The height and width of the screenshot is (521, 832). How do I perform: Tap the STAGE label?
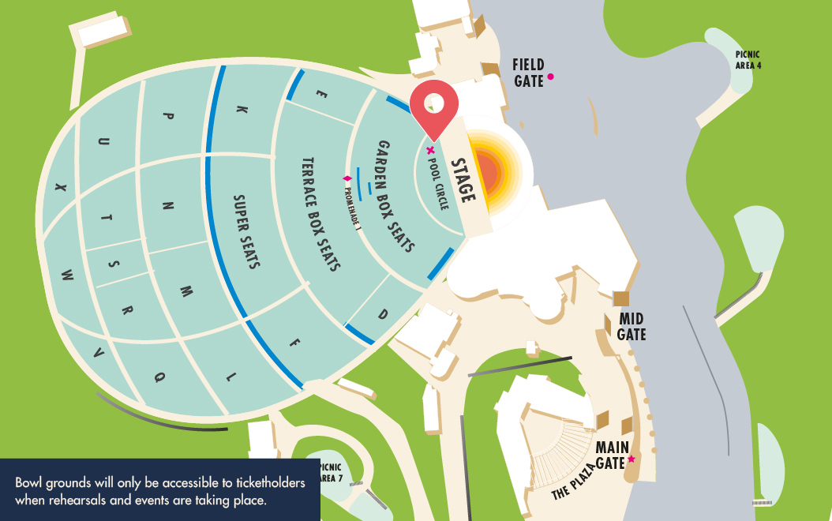(x=463, y=181)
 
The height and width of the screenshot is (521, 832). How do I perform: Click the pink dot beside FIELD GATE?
(x=550, y=77)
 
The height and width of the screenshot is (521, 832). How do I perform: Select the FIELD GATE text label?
(x=528, y=72)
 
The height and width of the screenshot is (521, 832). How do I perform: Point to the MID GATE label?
(x=631, y=327)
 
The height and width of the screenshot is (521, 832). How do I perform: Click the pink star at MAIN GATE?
(x=631, y=459)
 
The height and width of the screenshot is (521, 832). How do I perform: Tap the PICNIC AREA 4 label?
(x=748, y=60)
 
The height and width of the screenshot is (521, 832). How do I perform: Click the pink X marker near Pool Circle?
(x=430, y=150)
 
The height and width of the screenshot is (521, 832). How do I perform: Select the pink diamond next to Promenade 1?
(x=346, y=179)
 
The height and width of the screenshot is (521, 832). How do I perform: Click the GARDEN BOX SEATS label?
(x=395, y=197)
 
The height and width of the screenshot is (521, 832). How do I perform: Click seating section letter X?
(x=59, y=188)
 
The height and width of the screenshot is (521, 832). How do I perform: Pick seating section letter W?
(x=68, y=275)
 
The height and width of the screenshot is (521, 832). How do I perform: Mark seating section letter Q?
(x=159, y=377)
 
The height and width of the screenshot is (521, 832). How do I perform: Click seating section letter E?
(x=321, y=93)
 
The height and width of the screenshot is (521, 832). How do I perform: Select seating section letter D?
(x=383, y=314)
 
